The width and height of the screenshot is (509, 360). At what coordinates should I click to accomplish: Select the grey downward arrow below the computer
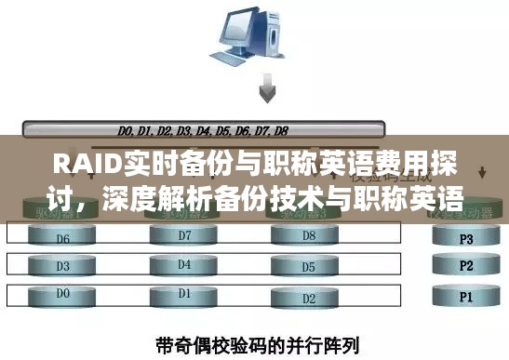click(x=268, y=91)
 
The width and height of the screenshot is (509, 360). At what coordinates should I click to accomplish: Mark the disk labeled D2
click(x=308, y=300)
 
